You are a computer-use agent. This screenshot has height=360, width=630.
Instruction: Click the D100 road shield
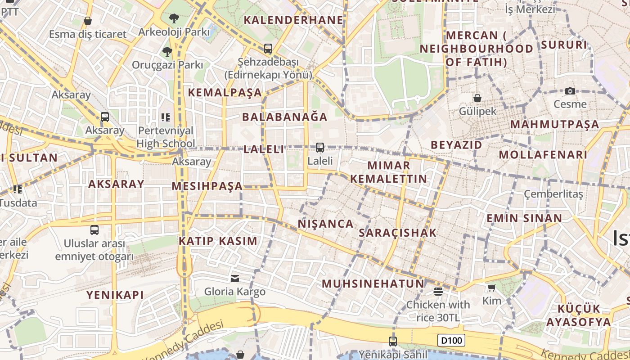(x=451, y=340)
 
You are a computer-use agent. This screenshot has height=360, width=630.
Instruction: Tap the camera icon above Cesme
(x=570, y=91)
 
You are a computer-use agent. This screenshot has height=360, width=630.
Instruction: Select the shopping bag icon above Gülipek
(x=477, y=98)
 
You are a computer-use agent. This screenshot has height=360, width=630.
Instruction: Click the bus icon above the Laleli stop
(x=320, y=147)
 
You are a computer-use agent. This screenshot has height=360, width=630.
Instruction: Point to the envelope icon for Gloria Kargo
(x=235, y=279)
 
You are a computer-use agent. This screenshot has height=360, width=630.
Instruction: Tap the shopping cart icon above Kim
(x=491, y=288)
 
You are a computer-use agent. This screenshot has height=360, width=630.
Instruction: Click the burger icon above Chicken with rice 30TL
(x=438, y=292)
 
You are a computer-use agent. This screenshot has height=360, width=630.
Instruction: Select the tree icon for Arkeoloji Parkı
(x=174, y=18)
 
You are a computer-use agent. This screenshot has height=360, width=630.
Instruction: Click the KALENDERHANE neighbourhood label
(x=293, y=20)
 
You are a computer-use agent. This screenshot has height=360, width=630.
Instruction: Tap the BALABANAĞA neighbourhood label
(x=285, y=117)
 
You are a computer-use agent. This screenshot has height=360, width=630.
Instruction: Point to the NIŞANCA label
(x=326, y=224)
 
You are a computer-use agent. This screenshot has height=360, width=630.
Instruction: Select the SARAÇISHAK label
(x=398, y=233)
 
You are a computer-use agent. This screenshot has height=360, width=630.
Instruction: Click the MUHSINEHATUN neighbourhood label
(x=373, y=283)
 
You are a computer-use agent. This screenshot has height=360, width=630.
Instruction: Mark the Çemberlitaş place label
(x=553, y=194)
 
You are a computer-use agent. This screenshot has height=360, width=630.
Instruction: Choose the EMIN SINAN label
(x=524, y=218)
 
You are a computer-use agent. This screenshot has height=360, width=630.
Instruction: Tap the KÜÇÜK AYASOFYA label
(x=579, y=315)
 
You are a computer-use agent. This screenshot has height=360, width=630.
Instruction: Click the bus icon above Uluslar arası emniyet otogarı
(x=94, y=230)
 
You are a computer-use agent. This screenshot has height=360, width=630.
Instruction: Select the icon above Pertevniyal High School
(x=166, y=117)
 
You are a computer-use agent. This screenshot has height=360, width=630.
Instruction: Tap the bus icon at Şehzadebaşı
(x=268, y=48)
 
